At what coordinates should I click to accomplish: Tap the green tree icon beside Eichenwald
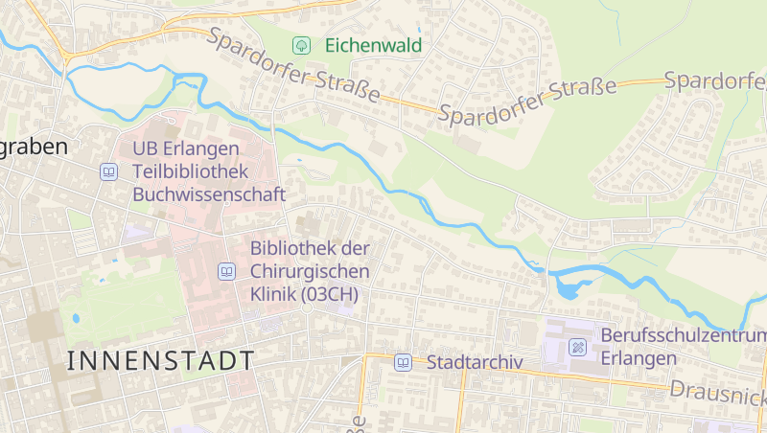[x=301, y=45]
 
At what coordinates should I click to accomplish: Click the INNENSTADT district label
[x=162, y=361]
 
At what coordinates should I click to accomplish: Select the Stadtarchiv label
[x=474, y=362]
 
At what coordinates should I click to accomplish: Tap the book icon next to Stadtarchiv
[x=404, y=362]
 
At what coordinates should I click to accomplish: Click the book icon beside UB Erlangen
[x=108, y=172]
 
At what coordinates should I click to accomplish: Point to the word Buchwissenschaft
[x=209, y=194]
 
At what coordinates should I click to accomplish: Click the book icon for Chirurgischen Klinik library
[x=227, y=271]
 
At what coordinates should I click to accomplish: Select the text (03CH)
[x=329, y=295]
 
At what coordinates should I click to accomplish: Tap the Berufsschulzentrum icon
[x=578, y=347]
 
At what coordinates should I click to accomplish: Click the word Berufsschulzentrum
[x=683, y=336]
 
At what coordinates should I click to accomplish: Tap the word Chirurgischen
[x=309, y=271]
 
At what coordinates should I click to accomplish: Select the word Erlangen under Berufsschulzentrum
[x=639, y=358]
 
